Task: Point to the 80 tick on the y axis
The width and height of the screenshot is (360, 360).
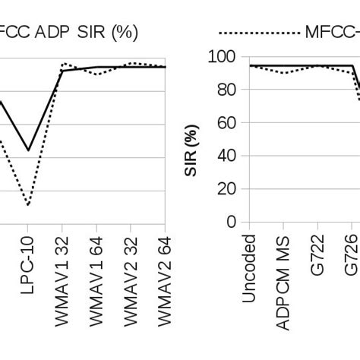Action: tap(229, 90)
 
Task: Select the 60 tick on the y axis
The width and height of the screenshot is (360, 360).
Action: tap(229, 123)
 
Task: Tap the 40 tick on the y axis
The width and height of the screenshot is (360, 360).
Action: tap(229, 156)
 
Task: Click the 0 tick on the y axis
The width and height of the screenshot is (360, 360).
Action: tap(233, 223)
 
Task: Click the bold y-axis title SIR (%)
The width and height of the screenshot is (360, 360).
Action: tap(194, 140)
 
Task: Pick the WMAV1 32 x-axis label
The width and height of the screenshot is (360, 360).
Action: tap(63, 280)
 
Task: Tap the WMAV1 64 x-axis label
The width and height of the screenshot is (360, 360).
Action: tap(97, 280)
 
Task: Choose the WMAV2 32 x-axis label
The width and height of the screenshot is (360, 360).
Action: tap(131, 280)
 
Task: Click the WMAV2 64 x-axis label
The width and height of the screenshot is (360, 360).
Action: tap(166, 280)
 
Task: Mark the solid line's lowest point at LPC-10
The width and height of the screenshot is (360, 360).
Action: tap(28, 150)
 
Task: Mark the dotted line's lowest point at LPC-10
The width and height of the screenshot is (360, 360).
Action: tap(28, 205)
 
